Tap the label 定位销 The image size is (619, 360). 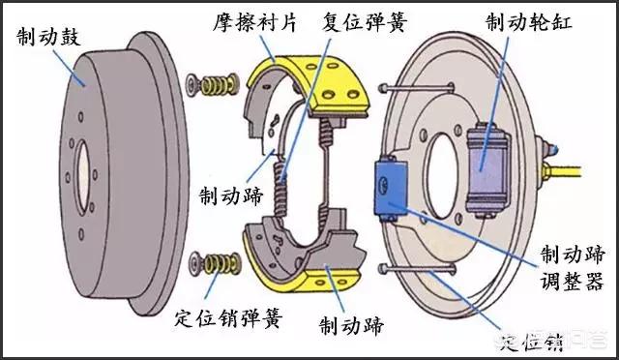tap(540, 340)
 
